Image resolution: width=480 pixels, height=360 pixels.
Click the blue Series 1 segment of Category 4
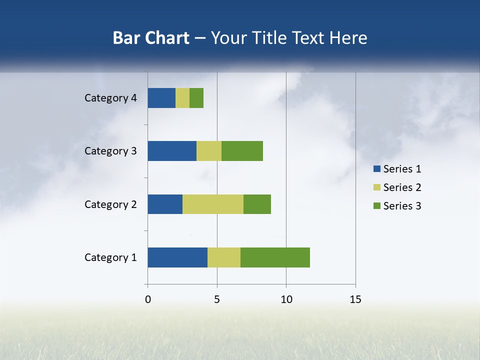pos(161,98)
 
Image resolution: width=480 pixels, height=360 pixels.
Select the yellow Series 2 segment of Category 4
pos(182,98)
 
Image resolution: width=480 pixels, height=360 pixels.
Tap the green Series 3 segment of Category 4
pos(196,98)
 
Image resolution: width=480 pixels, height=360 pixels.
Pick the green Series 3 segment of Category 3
pos(242,151)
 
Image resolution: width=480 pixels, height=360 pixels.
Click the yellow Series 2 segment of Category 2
pos(213,204)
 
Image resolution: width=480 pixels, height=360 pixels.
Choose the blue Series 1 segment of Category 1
pos(177,257)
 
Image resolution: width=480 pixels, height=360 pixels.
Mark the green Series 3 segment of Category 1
pos(275,257)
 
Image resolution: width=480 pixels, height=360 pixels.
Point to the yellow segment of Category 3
pos(209,151)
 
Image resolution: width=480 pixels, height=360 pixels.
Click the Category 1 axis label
pos(110,257)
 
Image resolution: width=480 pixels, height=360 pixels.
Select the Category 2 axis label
pos(110,204)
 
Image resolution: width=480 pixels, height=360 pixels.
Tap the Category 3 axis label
pos(110,151)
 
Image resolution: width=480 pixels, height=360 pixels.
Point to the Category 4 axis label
pos(110,98)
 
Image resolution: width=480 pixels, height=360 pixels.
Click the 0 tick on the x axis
pos(148,299)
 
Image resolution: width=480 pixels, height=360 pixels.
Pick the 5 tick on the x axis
pos(217,299)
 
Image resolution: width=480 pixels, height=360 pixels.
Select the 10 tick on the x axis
pos(286,299)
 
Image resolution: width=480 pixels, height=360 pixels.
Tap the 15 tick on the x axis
pos(355,299)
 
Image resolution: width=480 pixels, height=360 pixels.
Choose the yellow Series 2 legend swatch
pos(376,187)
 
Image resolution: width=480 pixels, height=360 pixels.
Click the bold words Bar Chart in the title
pos(151,38)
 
